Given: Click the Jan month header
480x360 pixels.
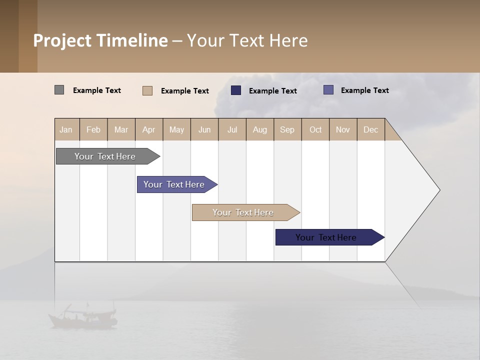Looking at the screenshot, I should click(x=66, y=129).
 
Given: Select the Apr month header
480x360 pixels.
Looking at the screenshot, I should click(x=149, y=129).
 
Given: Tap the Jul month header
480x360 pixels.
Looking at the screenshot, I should click(x=232, y=129).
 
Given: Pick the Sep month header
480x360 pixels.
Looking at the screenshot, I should click(x=287, y=129).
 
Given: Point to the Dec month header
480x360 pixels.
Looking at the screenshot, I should click(x=370, y=129).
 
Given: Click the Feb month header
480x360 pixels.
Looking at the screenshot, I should click(x=93, y=129).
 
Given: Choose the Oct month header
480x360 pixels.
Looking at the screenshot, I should click(x=315, y=129).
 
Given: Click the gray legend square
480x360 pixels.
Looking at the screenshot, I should click(x=59, y=90).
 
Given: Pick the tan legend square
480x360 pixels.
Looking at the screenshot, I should click(x=147, y=90).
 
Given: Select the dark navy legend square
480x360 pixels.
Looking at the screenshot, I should click(x=236, y=90).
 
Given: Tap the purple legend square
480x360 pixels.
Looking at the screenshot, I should click(x=328, y=90).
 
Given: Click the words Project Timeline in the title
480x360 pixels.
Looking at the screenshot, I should click(x=100, y=40).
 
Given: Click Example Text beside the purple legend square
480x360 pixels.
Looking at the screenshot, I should click(x=364, y=90).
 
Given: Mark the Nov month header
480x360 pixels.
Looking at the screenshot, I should click(x=343, y=129).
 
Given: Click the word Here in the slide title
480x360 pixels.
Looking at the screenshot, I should click(x=288, y=40).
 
